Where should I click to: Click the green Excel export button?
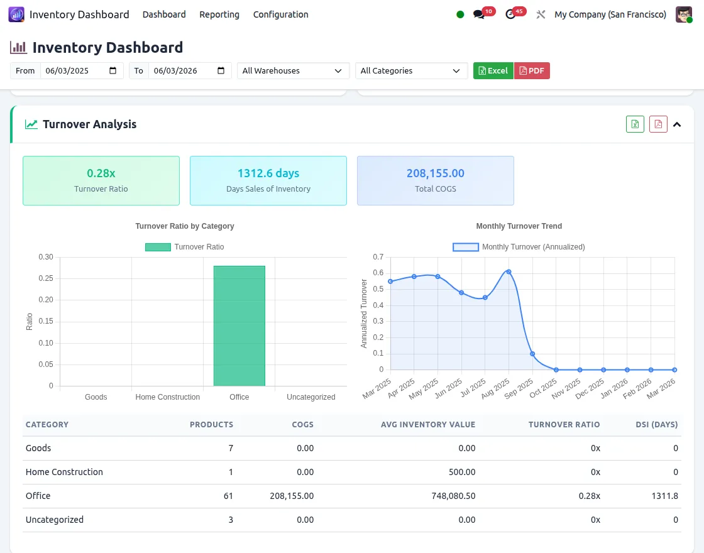[x=493, y=71]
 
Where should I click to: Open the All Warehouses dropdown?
[x=293, y=71]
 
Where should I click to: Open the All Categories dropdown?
[x=411, y=71]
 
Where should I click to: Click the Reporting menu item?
[x=219, y=14]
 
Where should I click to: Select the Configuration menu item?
[x=280, y=14]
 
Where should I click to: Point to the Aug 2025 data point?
[x=509, y=271]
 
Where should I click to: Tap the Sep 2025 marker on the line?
[x=532, y=354]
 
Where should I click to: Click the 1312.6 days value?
[x=268, y=173]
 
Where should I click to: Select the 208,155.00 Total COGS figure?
[x=435, y=173]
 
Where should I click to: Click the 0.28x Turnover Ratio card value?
[x=101, y=173]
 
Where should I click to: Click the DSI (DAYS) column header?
[x=656, y=425]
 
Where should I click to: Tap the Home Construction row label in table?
[x=64, y=472]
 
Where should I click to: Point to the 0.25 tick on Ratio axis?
[x=45, y=278]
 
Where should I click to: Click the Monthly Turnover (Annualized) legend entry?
[x=519, y=247]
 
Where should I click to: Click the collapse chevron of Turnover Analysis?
[x=677, y=124]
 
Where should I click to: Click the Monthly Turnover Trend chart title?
[x=519, y=226]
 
